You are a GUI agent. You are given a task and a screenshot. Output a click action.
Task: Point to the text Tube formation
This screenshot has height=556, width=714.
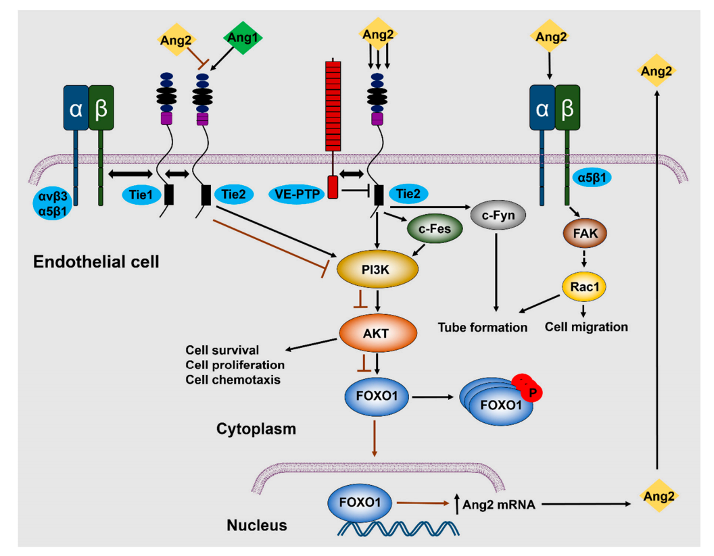(482, 328)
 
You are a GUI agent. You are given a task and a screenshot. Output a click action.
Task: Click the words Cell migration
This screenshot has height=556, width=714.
(586, 327)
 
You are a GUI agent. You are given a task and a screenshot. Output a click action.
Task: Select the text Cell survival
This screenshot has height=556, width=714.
(223, 350)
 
